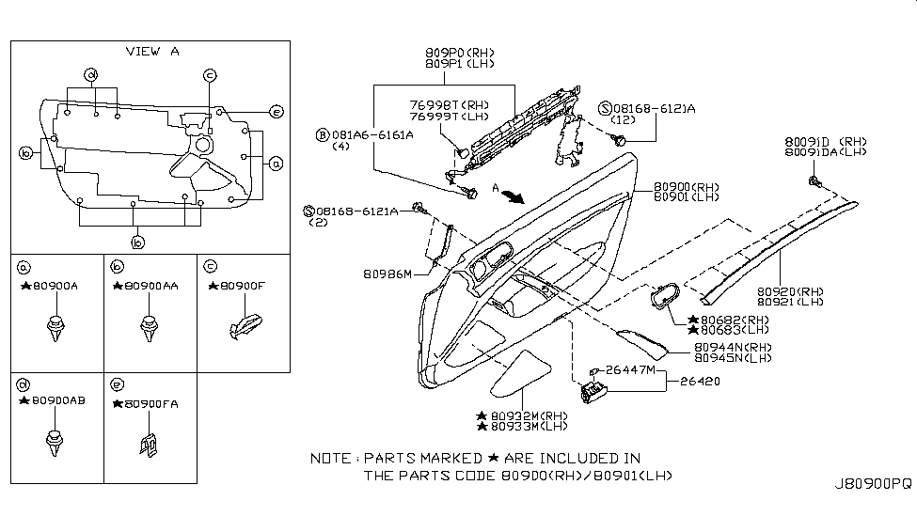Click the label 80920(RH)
pyautogui.click(x=793, y=291)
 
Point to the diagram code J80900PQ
pyautogui.click(x=873, y=484)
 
